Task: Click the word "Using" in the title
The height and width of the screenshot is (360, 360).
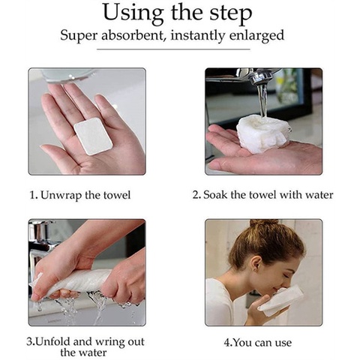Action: pos(133,13)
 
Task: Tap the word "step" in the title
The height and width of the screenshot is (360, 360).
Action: pos(230,14)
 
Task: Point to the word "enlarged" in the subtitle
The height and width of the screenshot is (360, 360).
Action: pos(256,36)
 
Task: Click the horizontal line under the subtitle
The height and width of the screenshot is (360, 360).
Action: pos(173,49)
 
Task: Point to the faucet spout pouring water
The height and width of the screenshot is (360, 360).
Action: pos(260,76)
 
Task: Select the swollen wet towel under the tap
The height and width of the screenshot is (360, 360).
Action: pos(264,133)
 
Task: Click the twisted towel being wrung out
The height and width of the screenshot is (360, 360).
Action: pos(75,281)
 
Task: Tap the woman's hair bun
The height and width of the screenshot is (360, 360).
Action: pos(264,223)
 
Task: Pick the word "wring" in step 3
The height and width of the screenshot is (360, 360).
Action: pos(110,342)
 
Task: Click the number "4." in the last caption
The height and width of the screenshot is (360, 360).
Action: pos(228,342)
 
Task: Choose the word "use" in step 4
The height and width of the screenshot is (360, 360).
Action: pos(283,343)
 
